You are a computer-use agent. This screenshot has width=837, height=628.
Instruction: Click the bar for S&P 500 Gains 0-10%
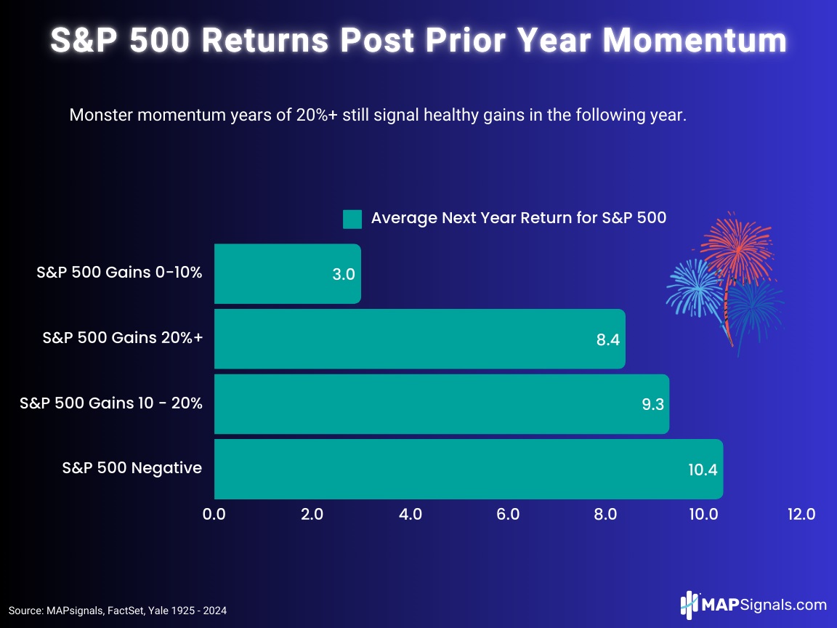pos(287,274)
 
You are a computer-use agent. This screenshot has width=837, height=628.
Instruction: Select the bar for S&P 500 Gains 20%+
pos(419,339)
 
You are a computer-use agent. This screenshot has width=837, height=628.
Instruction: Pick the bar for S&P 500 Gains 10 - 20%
pos(441,404)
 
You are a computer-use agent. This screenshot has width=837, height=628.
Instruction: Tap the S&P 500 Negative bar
pos(468,469)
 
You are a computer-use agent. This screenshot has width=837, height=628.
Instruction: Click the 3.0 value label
pos(343,275)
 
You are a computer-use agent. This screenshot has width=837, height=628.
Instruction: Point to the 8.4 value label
pos(607,339)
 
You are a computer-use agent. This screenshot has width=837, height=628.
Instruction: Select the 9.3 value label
pos(651,405)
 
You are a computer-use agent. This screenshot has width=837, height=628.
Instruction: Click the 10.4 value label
pos(703,470)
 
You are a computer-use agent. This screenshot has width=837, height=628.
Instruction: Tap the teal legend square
pos(352,219)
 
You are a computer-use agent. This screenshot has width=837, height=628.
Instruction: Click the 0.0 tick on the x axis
pos(214,515)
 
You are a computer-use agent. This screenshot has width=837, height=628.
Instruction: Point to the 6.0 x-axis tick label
pos(508,515)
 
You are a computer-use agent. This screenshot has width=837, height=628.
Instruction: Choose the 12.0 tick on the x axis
pos(801,515)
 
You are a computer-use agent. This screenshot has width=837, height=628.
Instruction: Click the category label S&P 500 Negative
pos(132,468)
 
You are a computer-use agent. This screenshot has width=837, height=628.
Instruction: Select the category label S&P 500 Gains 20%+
pos(122,338)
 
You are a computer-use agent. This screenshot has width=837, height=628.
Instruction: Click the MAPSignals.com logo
pos(753,604)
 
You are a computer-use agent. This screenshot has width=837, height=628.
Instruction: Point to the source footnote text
pos(118,611)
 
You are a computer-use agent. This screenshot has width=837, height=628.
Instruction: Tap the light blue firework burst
pos(694,286)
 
